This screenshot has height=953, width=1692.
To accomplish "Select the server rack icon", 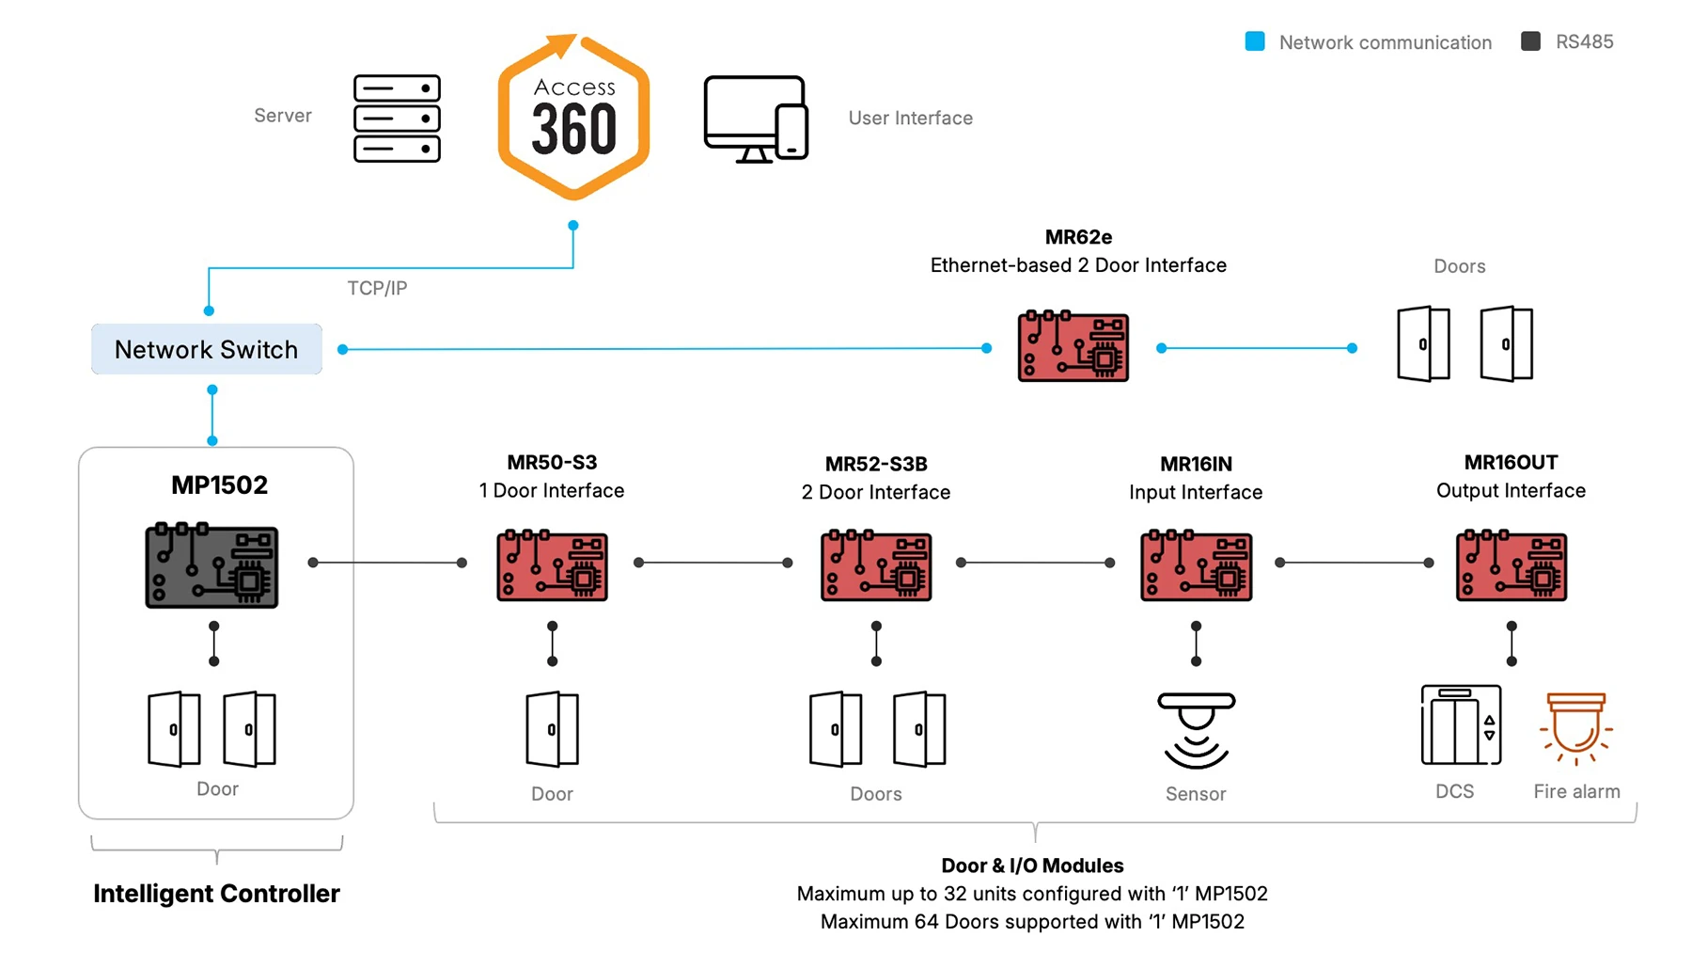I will (397, 119).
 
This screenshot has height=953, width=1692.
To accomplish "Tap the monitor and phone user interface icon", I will (756, 119).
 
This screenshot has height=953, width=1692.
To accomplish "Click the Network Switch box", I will (207, 349).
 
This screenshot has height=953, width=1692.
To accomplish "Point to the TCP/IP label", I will (377, 288).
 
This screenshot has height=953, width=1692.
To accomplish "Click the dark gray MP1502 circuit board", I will (211, 566).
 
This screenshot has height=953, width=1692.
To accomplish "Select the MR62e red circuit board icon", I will (1073, 347).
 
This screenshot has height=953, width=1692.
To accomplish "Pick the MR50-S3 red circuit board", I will (552, 566).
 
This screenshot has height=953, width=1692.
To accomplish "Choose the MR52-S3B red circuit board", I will (876, 566).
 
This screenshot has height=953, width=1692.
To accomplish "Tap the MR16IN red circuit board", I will (1196, 566).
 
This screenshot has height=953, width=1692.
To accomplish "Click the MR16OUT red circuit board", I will (1511, 566).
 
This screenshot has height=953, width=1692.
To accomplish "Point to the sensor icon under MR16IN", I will (1196, 730).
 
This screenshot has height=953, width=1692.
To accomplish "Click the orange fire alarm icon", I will (1576, 728).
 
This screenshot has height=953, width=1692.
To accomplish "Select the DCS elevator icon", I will (1460, 725).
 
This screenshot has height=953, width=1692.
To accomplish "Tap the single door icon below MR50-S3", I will (552, 729).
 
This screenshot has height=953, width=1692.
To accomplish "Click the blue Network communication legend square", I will (1255, 41).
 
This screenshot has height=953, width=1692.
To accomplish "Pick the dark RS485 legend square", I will (1530, 41).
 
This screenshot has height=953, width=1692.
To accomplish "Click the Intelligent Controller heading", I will (216, 894).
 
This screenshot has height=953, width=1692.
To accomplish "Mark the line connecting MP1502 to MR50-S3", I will (387, 563).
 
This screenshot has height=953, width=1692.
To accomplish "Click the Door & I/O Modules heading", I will (1032, 866).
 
